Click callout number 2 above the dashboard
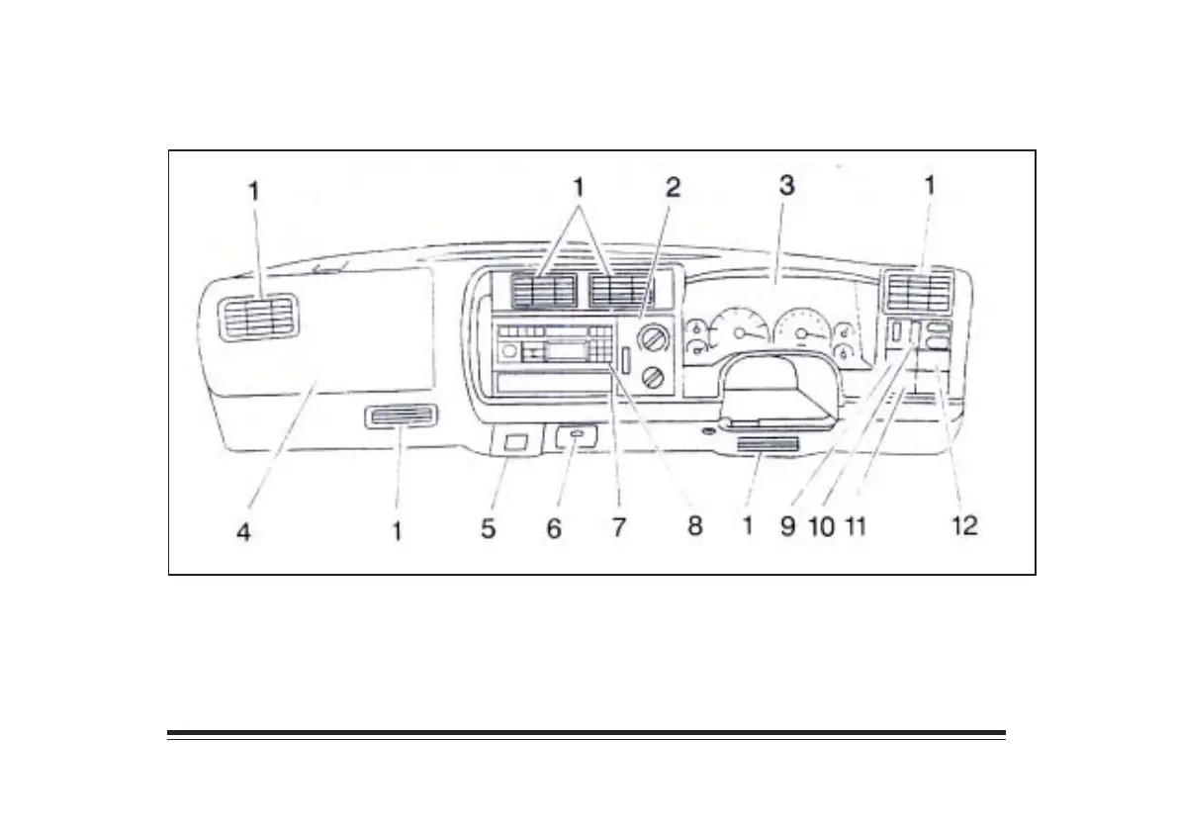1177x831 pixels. pos(673,187)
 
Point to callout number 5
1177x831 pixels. pos(489,528)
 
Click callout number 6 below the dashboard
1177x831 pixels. pos(554,529)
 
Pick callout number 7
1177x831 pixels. pos(618,527)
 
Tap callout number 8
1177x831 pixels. pos(694,525)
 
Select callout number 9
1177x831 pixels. pos(787,525)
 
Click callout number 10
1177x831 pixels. pos(821,525)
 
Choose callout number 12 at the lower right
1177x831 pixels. pos(964,525)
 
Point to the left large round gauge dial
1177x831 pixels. pos(740,333)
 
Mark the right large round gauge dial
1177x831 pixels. pos(801,333)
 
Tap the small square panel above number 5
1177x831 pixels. pos(513,443)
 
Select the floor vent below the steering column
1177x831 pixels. pos(768,450)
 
